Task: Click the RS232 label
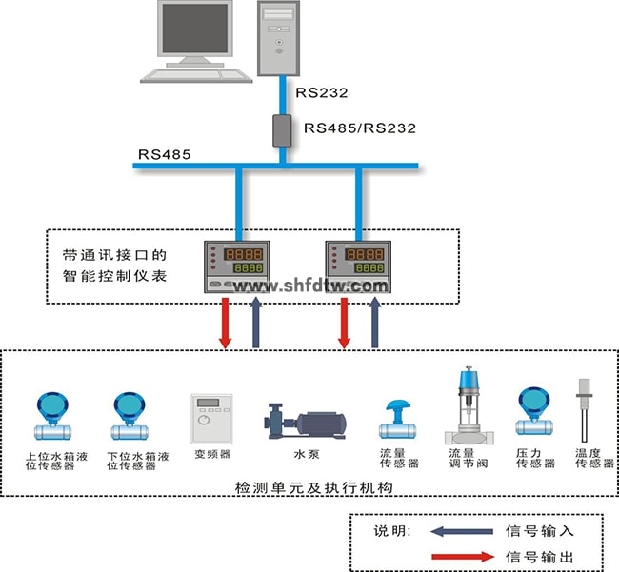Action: (321, 93)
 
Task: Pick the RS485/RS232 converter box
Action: (283, 129)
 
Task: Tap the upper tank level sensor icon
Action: (49, 415)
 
